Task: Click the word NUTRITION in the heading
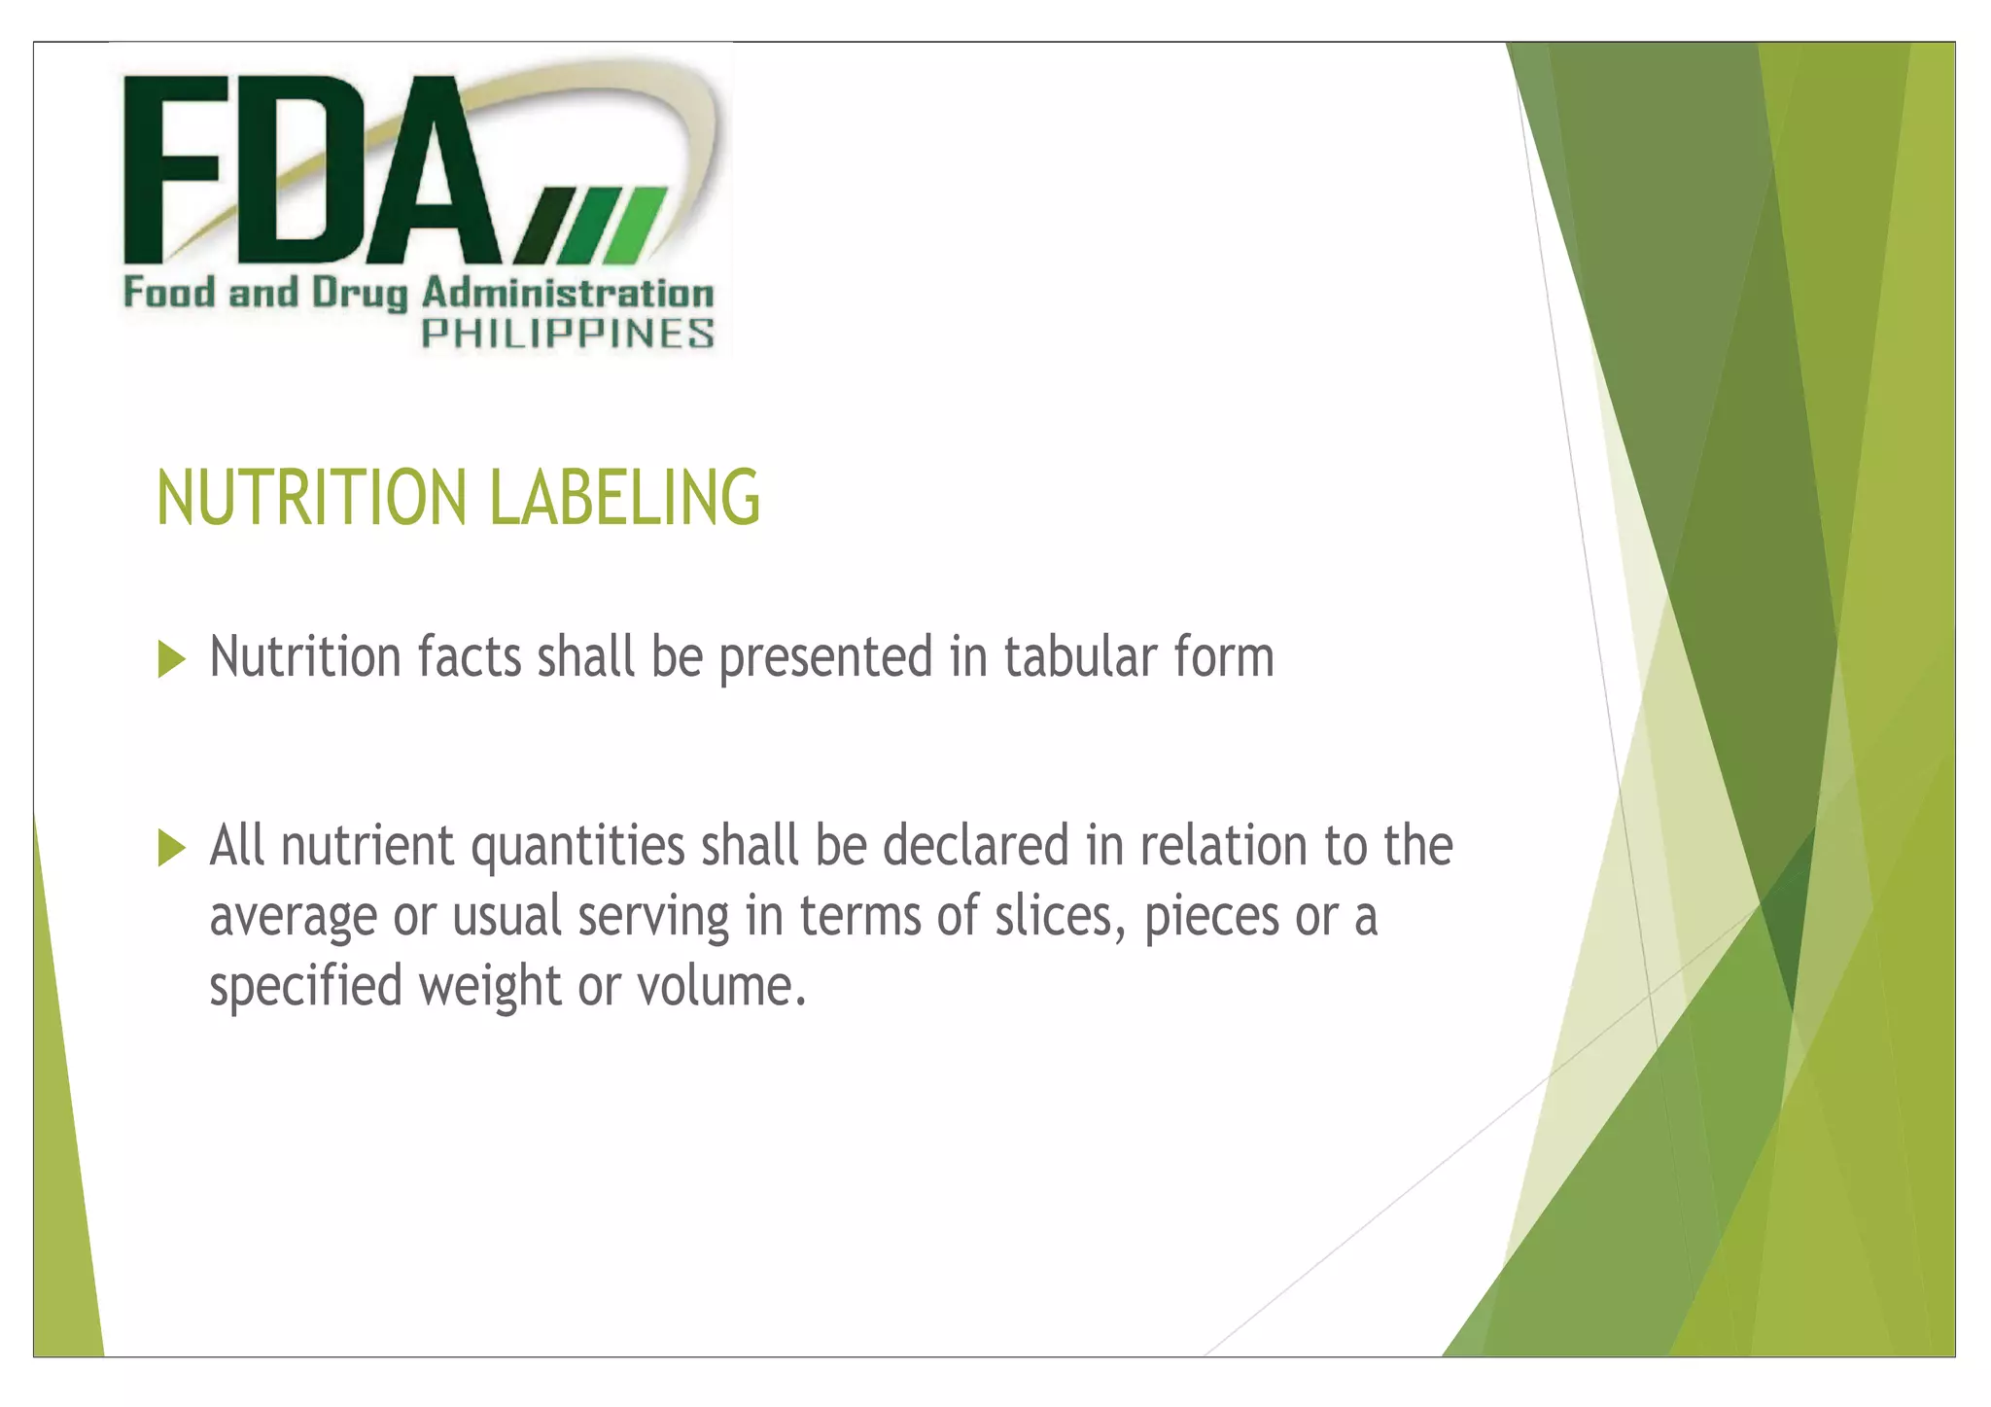[311, 498]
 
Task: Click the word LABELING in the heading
[624, 498]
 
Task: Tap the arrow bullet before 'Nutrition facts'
[171, 659]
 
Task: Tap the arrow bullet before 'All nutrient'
[171, 847]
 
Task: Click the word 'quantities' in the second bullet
[578, 846]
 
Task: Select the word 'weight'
[490, 987]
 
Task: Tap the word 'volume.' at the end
[722, 986]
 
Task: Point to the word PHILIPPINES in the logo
[568, 334]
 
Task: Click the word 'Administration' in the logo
[568, 294]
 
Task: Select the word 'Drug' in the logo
[359, 294]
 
